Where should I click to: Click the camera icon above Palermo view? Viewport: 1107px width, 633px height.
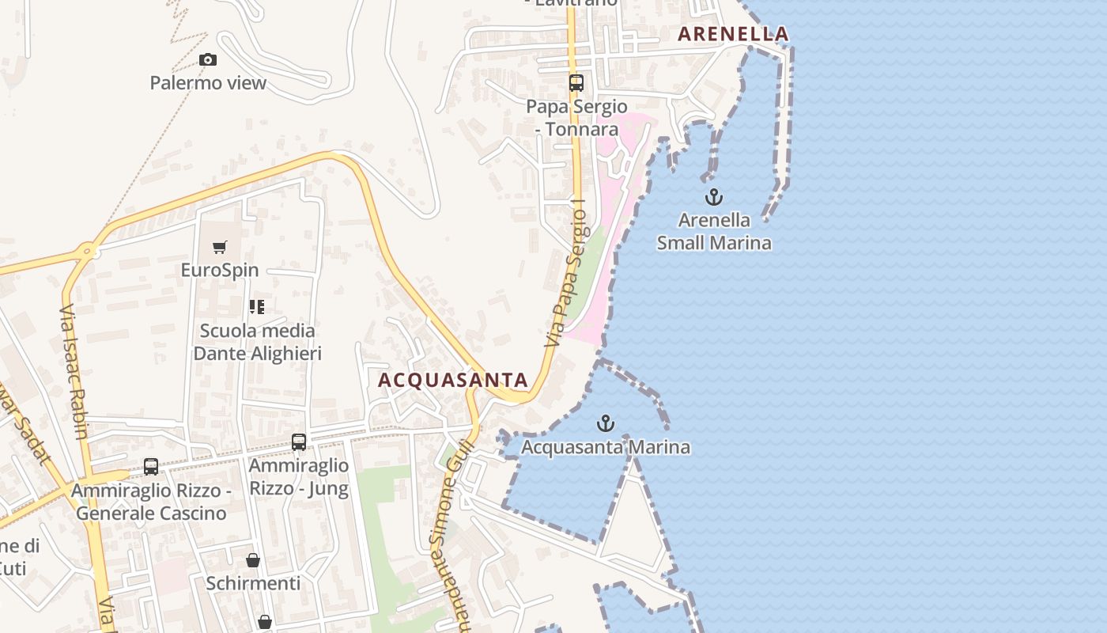point(208,59)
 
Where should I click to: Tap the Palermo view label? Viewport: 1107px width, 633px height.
point(208,82)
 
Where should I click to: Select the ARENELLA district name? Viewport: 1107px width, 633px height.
point(733,33)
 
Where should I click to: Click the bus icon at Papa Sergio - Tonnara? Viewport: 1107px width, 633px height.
point(576,82)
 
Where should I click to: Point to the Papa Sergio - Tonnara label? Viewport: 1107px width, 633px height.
point(577,117)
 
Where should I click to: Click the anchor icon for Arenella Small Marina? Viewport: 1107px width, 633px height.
point(714,197)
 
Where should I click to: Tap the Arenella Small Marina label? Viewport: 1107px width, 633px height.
point(714,231)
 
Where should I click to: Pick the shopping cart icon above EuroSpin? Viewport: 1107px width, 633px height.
point(220,248)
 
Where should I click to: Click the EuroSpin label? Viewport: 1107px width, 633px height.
point(220,270)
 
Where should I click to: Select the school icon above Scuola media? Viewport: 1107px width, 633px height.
point(256,306)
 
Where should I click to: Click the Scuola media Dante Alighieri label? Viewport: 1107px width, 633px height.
point(257,342)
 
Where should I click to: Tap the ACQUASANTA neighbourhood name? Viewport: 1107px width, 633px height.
point(452,380)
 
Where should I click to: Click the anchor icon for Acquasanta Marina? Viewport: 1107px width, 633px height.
point(606,423)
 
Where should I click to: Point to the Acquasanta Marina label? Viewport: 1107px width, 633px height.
point(606,447)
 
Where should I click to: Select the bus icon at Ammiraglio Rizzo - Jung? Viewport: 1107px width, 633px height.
point(299,442)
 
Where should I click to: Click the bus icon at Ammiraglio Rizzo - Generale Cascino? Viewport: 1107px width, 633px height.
point(150,467)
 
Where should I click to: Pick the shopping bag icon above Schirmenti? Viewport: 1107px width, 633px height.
point(253,560)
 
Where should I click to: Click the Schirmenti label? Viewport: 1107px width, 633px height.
point(253,583)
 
